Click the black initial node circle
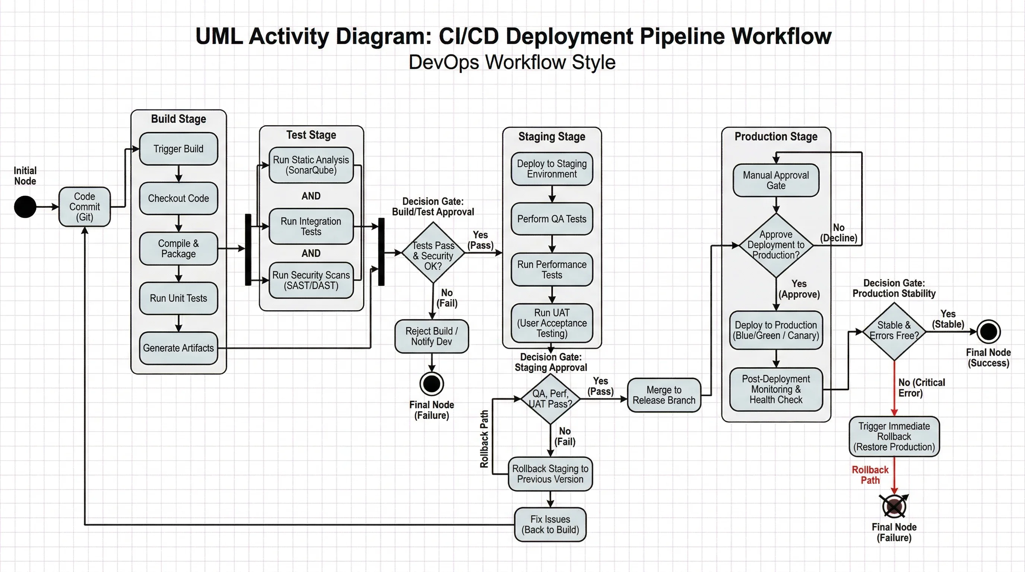(25, 207)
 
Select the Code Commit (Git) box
(84, 207)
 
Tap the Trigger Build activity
(178, 149)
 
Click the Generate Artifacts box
(178, 348)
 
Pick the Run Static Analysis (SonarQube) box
(311, 165)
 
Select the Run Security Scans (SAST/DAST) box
(311, 280)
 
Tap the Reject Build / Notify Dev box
(431, 337)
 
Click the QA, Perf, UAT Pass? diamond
(550, 398)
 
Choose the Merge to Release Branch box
(664, 395)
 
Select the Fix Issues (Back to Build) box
(550, 524)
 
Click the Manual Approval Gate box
(775, 180)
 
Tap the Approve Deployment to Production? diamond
(775, 245)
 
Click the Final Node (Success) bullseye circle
(988, 331)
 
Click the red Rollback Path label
(870, 475)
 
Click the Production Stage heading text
(775, 136)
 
